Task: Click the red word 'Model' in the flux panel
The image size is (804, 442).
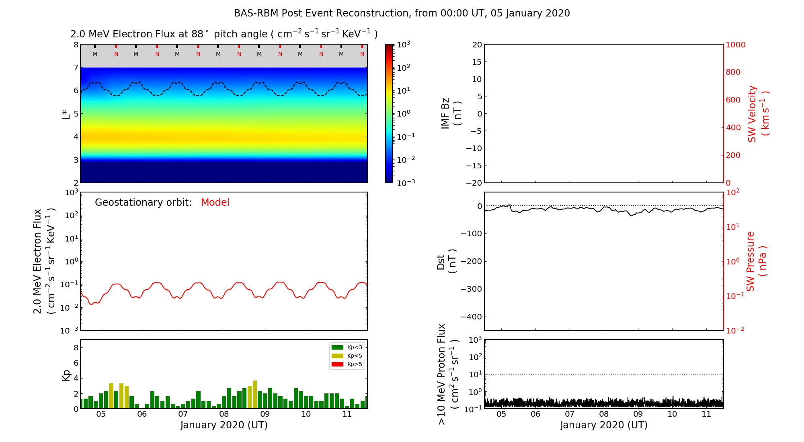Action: pyautogui.click(x=215, y=203)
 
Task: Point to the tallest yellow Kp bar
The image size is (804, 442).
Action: pyautogui.click(x=255, y=394)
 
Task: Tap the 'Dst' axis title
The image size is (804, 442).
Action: pyautogui.click(x=446, y=261)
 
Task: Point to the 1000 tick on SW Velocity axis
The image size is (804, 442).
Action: pyautogui.click(x=735, y=45)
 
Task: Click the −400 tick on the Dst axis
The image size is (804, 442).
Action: pyautogui.click(x=471, y=317)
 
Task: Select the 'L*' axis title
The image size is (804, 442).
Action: pyautogui.click(x=66, y=114)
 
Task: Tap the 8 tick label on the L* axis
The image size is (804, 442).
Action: pyautogui.click(x=76, y=45)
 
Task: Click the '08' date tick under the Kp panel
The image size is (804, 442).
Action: pyautogui.click(x=224, y=414)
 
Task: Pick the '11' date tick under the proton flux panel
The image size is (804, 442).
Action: pyautogui.click(x=706, y=414)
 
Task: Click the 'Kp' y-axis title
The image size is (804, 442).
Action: pyautogui.click(x=66, y=375)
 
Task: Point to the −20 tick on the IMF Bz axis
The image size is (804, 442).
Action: pyautogui.click(x=474, y=183)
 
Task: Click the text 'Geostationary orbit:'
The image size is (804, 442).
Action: pyautogui.click(x=143, y=203)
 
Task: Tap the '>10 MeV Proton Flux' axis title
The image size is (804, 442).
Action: pyautogui.click(x=447, y=374)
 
